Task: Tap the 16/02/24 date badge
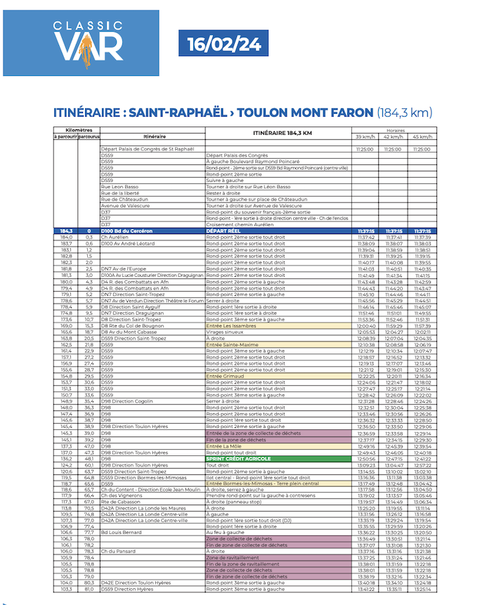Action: coord(224,44)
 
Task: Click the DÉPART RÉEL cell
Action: coord(224,230)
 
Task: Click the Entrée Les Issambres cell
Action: coord(232,326)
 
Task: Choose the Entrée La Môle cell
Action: coord(224,446)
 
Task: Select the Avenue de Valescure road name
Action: coord(125,205)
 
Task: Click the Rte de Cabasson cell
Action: coord(117,502)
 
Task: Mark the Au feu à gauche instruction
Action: coord(226,532)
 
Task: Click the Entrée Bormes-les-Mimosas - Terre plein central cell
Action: coord(262,483)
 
